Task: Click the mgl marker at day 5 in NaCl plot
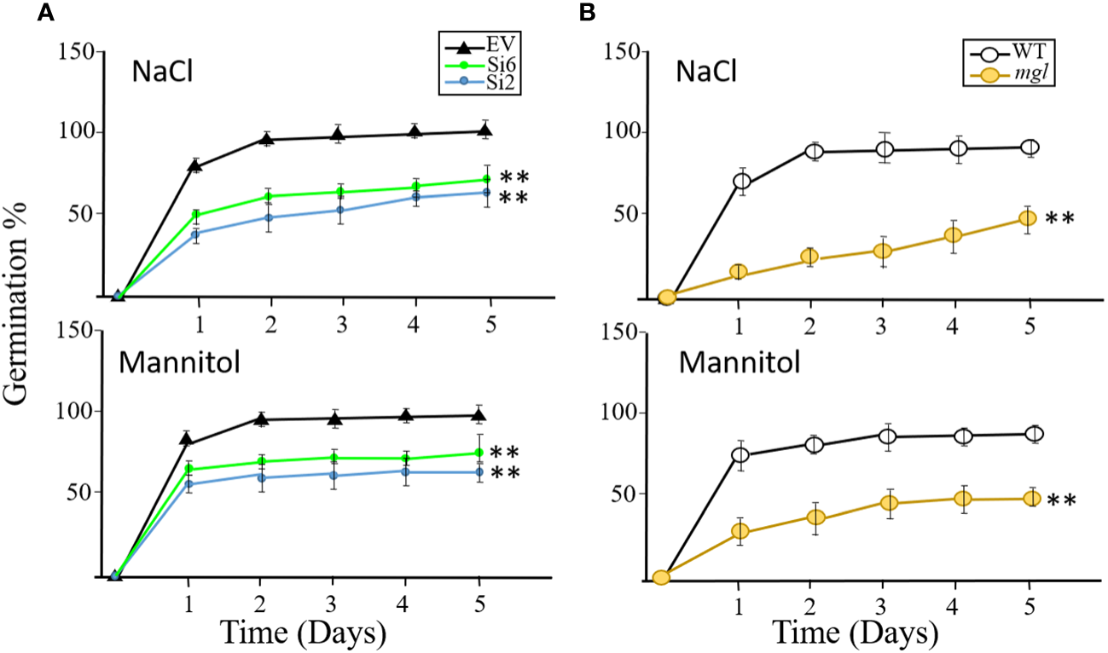(1028, 218)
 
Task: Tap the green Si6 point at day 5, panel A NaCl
(486, 179)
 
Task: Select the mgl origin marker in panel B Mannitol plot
(661, 577)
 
